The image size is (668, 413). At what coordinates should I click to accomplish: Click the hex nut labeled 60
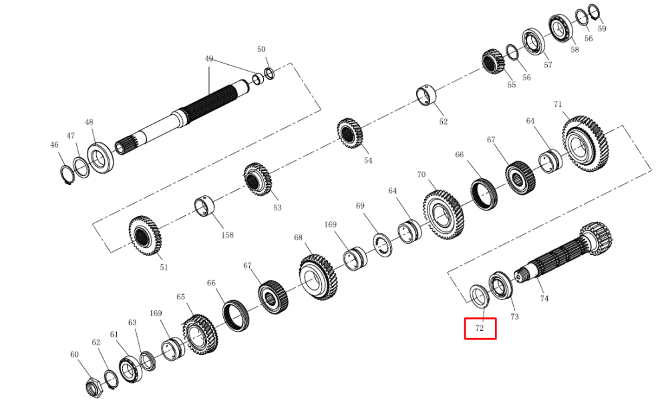pyautogui.click(x=94, y=387)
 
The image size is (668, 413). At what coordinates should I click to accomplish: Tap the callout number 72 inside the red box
pyautogui.click(x=480, y=328)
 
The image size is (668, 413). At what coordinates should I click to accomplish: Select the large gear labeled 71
pyautogui.click(x=585, y=144)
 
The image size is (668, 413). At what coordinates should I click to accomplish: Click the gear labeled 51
pyautogui.click(x=145, y=235)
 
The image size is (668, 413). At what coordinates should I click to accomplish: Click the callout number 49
pyautogui.click(x=208, y=59)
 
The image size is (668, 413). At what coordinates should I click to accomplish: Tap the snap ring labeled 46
pyautogui.click(x=67, y=174)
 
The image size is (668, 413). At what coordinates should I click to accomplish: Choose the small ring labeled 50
pyautogui.click(x=270, y=74)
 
